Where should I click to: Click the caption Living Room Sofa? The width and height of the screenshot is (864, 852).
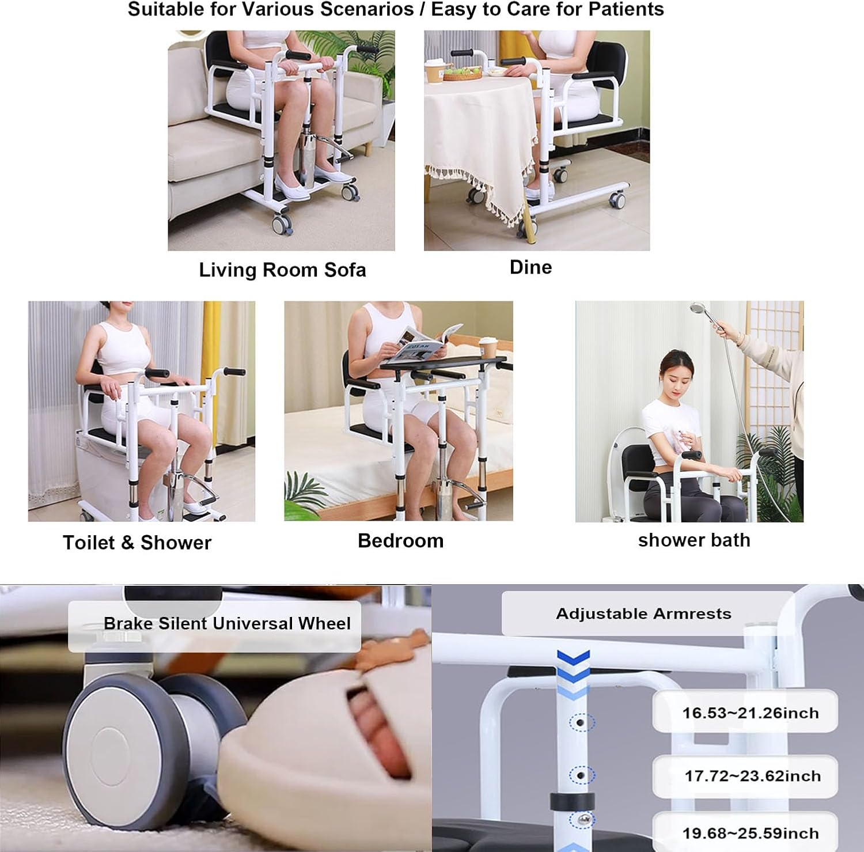point(282,270)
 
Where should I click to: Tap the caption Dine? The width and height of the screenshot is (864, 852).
point(530,267)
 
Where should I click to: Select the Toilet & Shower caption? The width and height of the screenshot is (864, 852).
point(137,543)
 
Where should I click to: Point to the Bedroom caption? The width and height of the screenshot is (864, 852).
point(400,541)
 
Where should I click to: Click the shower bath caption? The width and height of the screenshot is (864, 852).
point(694,540)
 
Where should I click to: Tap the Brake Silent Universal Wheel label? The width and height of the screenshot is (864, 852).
point(227,623)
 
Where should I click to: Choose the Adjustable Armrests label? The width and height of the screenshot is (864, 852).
point(643,614)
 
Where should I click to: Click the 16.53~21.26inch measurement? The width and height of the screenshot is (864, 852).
point(750,713)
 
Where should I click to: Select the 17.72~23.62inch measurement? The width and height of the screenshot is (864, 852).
point(752,776)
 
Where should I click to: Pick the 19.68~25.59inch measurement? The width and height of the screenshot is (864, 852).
point(750,833)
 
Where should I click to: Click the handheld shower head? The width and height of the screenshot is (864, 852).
point(699,310)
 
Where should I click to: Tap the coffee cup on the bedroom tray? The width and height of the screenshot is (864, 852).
point(487,348)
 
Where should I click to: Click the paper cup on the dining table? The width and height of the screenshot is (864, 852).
point(432,73)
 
